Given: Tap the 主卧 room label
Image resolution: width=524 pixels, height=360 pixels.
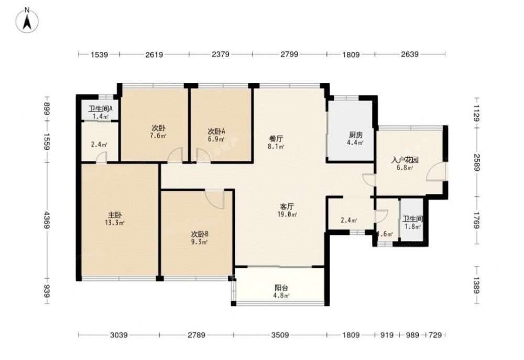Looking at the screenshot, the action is tap(115, 215).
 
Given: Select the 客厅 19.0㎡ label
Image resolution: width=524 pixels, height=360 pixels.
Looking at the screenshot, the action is tap(287, 210).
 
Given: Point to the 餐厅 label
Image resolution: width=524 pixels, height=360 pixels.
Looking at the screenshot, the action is tap(276, 138).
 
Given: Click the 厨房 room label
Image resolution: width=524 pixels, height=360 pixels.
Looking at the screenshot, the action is tap(356, 135).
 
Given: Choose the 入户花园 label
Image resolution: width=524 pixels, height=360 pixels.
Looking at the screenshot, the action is tap(405, 160).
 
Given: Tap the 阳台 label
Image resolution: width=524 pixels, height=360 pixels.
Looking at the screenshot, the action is tap(282, 288).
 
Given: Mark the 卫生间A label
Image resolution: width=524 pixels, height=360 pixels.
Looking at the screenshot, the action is tap(100, 108).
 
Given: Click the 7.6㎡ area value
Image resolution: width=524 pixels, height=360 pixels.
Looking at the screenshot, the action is tap(158, 136).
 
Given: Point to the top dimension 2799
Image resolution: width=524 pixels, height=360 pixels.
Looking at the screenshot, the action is tap(289, 54).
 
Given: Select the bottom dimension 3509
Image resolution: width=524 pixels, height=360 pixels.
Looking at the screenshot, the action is tap(280, 335).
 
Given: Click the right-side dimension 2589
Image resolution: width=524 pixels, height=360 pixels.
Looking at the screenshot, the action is tap(476, 162).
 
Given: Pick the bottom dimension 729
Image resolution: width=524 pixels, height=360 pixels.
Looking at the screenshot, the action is tap(435, 335).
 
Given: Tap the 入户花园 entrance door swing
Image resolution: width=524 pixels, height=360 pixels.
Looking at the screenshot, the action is tap(436, 171).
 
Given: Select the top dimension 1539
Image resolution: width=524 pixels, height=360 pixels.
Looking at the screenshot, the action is tap(99, 54).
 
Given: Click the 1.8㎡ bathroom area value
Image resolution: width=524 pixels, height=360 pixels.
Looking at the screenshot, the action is tap(413, 226).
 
